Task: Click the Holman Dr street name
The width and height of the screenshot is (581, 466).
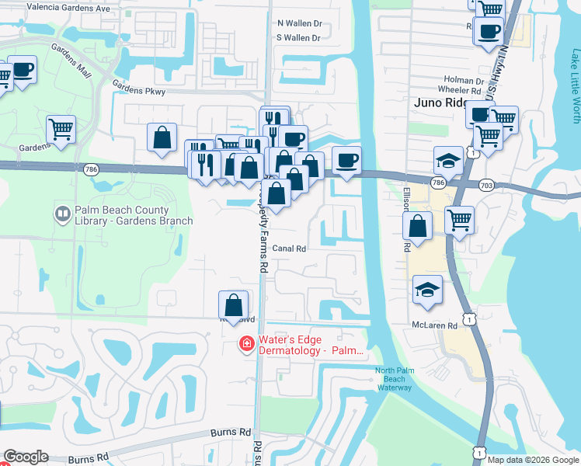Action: (x=442, y=79)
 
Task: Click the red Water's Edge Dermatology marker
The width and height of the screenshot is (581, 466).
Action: (x=246, y=343)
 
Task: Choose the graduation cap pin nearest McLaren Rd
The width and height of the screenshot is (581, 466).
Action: (x=428, y=290)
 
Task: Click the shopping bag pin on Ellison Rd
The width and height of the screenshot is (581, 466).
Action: (x=417, y=226)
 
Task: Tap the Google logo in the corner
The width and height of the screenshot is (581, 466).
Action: (x=26, y=457)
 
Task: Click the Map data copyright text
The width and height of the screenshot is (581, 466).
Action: (x=533, y=460)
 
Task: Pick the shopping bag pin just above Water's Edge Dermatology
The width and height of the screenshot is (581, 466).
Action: (x=233, y=304)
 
